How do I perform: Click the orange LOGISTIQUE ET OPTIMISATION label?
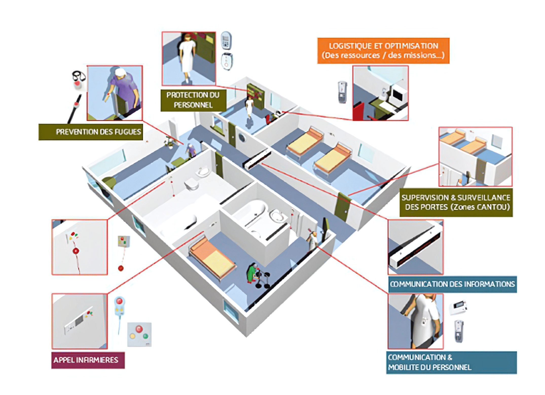point(383,51)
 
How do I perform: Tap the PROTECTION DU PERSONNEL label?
point(193,100)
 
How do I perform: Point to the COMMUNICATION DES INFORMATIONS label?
point(452,284)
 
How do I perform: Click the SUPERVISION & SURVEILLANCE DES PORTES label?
point(456,202)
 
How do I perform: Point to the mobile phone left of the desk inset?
point(342,92)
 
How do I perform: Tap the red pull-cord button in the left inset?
point(76,251)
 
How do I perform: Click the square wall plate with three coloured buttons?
point(139,334)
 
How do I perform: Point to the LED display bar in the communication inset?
point(416,248)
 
